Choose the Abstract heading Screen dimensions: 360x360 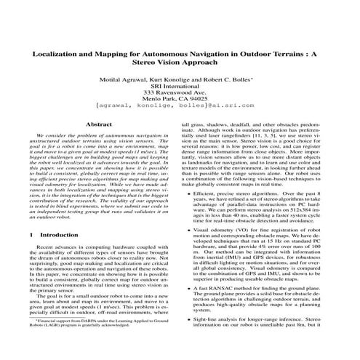(99, 125)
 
